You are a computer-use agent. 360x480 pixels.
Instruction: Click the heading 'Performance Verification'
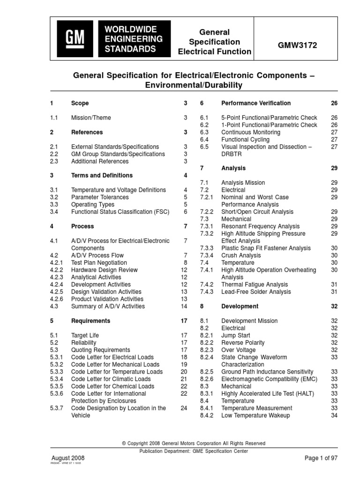pyautogui.click(x=255, y=103)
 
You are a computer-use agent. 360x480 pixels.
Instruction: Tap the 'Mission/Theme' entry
pyautogui.click(x=91, y=118)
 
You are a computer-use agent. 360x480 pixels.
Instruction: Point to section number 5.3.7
pyautogui.click(x=59, y=408)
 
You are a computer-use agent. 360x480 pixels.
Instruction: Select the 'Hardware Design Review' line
pyautogui.click(x=104, y=270)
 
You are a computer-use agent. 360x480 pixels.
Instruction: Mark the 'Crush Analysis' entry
pyautogui.click(x=241, y=255)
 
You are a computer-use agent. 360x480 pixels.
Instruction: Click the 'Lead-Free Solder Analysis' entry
pyautogui.click(x=256, y=292)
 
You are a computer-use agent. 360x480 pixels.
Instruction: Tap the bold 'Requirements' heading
pyautogui.click(x=91, y=321)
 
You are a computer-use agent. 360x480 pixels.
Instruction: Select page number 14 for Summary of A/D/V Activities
pyautogui.click(x=184, y=307)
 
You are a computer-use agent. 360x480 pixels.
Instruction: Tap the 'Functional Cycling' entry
pyautogui.click(x=245, y=140)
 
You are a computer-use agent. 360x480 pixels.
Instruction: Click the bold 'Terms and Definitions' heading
pyautogui.click(x=102, y=175)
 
